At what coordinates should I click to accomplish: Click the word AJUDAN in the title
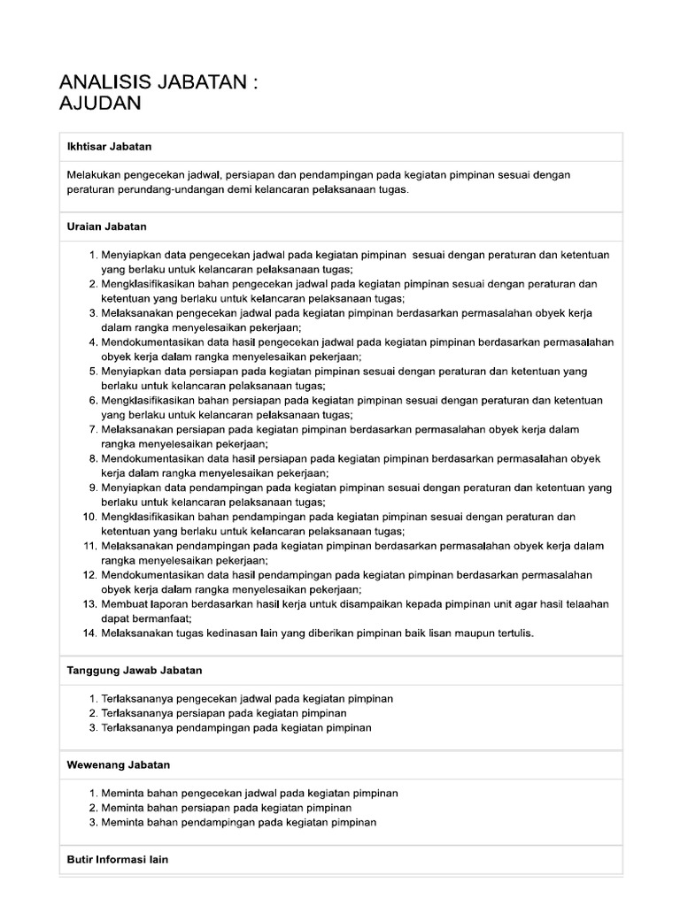[x=99, y=104]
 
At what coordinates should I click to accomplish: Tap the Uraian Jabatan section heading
[x=107, y=226]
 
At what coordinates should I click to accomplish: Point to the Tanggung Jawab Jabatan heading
[x=135, y=671]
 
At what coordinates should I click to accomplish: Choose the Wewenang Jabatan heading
[x=119, y=764]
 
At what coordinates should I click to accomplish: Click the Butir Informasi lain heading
[x=118, y=859]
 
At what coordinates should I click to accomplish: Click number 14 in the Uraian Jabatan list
[x=89, y=633]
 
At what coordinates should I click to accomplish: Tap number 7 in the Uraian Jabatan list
[x=92, y=429]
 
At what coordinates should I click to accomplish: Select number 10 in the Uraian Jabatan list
[x=89, y=516]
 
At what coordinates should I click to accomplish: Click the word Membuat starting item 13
[x=123, y=603]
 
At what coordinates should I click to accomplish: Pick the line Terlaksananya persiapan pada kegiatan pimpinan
[x=223, y=713]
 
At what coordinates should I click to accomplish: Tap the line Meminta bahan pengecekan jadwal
[x=249, y=793]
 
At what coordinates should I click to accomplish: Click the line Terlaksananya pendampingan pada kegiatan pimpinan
[x=236, y=727]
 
